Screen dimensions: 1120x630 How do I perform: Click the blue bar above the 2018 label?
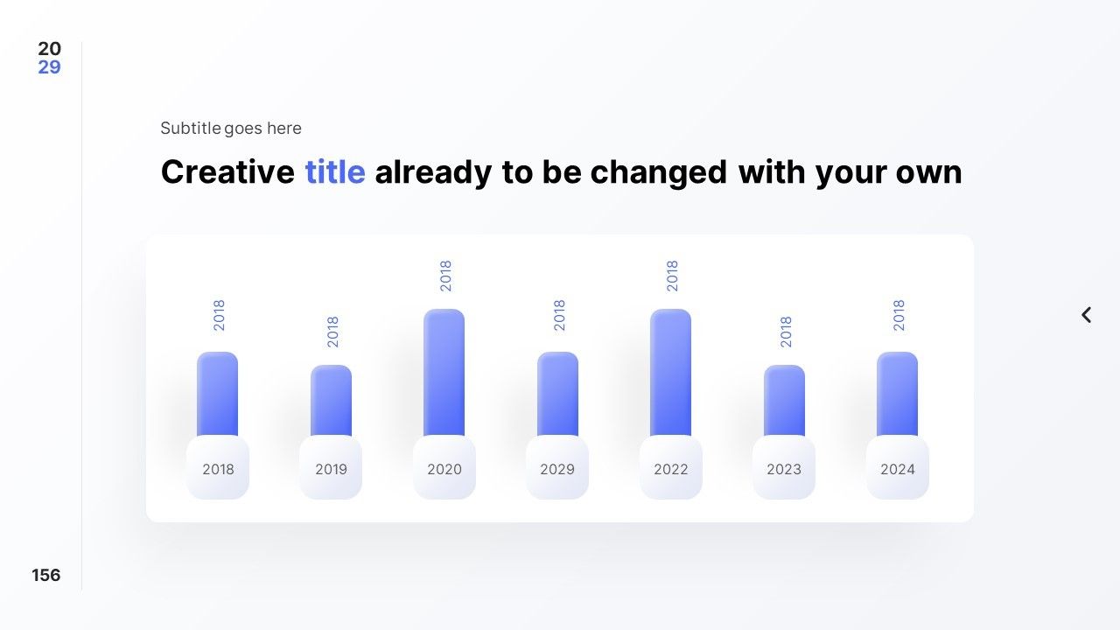click(x=218, y=394)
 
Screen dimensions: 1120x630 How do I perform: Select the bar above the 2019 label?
click(x=331, y=401)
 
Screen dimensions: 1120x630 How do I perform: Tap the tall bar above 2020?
click(x=444, y=373)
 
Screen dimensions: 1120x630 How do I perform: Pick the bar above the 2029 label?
click(x=557, y=394)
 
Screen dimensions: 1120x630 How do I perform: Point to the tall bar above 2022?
click(x=670, y=373)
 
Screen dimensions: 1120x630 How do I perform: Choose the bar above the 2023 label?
click(x=784, y=401)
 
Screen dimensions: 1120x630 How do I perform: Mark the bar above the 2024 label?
click(x=897, y=394)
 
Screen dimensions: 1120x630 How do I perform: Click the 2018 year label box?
click(x=218, y=467)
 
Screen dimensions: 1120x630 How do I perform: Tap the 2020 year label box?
click(x=444, y=467)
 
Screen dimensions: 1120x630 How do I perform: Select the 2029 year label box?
click(x=557, y=467)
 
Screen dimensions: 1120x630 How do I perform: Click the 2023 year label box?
click(x=784, y=467)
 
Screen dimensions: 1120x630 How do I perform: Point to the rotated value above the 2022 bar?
click(x=672, y=276)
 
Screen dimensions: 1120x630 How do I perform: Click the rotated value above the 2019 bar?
click(x=332, y=332)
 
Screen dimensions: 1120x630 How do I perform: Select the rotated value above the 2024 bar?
click(x=899, y=315)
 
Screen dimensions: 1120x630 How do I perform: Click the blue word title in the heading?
click(x=335, y=172)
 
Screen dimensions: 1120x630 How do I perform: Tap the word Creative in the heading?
click(x=228, y=172)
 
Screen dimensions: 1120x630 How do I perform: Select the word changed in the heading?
click(x=659, y=173)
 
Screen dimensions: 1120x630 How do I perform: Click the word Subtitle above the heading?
click(x=191, y=128)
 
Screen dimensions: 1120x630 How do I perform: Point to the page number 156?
click(x=46, y=575)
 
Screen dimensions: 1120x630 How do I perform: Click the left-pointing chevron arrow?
click(x=1086, y=315)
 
